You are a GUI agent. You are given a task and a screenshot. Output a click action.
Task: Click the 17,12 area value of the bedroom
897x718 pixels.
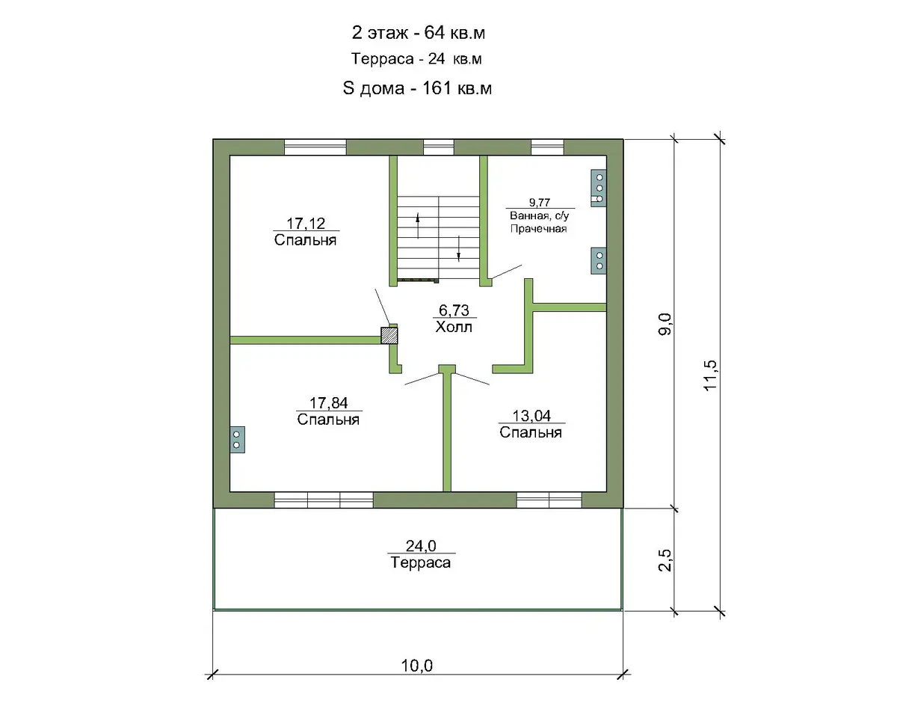pyautogui.click(x=306, y=224)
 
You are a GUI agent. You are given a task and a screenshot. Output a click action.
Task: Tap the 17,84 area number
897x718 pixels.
pyautogui.click(x=328, y=403)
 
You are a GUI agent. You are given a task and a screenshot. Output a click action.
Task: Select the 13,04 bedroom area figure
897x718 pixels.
pyautogui.click(x=531, y=416)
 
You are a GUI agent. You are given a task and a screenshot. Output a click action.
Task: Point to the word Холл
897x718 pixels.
pyautogui.click(x=454, y=327)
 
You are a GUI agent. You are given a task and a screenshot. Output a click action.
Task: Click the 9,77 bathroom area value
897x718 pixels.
pyautogui.click(x=540, y=203)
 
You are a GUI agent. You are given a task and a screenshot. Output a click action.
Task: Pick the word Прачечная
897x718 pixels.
pyautogui.click(x=538, y=229)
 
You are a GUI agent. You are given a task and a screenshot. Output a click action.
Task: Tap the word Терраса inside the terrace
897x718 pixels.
pyautogui.click(x=421, y=562)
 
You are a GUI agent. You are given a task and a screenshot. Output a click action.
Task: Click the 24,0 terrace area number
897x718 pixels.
pyautogui.click(x=421, y=546)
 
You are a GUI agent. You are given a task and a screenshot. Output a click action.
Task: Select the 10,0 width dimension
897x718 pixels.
pyautogui.click(x=417, y=666)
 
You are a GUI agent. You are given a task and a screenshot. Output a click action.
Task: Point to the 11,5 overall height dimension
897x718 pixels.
pyautogui.click(x=710, y=375)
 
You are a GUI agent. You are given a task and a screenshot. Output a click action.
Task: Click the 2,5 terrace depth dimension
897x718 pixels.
pyautogui.click(x=665, y=560)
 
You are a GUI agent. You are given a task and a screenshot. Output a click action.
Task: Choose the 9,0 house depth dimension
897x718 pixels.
pyautogui.click(x=665, y=324)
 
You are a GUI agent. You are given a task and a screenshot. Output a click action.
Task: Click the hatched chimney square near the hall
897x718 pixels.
pyautogui.click(x=389, y=335)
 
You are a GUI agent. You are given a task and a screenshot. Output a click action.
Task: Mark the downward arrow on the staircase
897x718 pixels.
pyautogui.click(x=458, y=248)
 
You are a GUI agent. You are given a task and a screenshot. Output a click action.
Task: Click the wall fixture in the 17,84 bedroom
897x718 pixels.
pyautogui.click(x=238, y=440)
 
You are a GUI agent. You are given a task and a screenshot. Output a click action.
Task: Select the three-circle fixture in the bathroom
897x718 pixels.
pyautogui.click(x=599, y=188)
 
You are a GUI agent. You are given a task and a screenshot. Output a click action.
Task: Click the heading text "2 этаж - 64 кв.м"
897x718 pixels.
pyautogui.click(x=419, y=33)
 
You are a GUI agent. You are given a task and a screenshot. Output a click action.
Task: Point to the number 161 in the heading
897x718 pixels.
pyautogui.click(x=437, y=88)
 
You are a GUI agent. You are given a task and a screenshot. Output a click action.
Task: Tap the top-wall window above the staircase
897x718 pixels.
pyautogui.click(x=439, y=147)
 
